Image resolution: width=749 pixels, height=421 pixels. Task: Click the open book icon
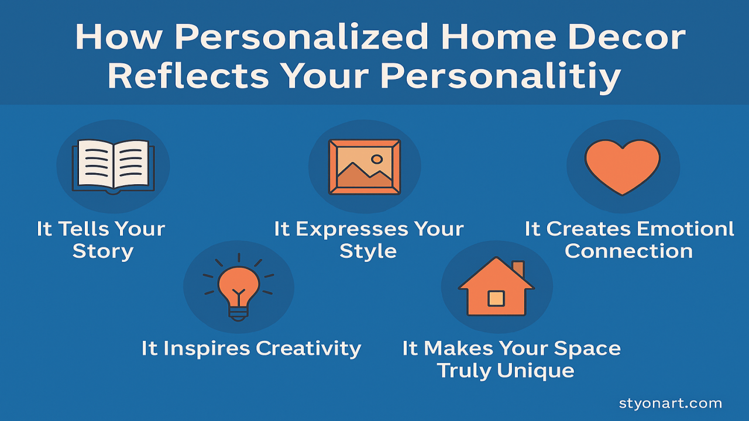click(113, 166)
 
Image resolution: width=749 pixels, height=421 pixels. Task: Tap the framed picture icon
click(364, 166)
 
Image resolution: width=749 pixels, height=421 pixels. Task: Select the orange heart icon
click(623, 166)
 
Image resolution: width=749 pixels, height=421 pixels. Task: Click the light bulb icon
click(238, 286)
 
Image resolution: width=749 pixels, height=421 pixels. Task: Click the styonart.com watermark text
click(670, 403)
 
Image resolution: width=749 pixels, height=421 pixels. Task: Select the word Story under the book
click(103, 251)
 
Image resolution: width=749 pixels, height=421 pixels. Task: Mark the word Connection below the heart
click(628, 251)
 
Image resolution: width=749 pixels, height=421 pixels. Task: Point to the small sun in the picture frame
click(377, 158)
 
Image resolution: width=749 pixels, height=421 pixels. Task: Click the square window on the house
click(496, 298)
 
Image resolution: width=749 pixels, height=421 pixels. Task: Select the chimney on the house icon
click(518, 269)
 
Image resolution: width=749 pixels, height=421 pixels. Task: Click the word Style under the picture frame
click(368, 251)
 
